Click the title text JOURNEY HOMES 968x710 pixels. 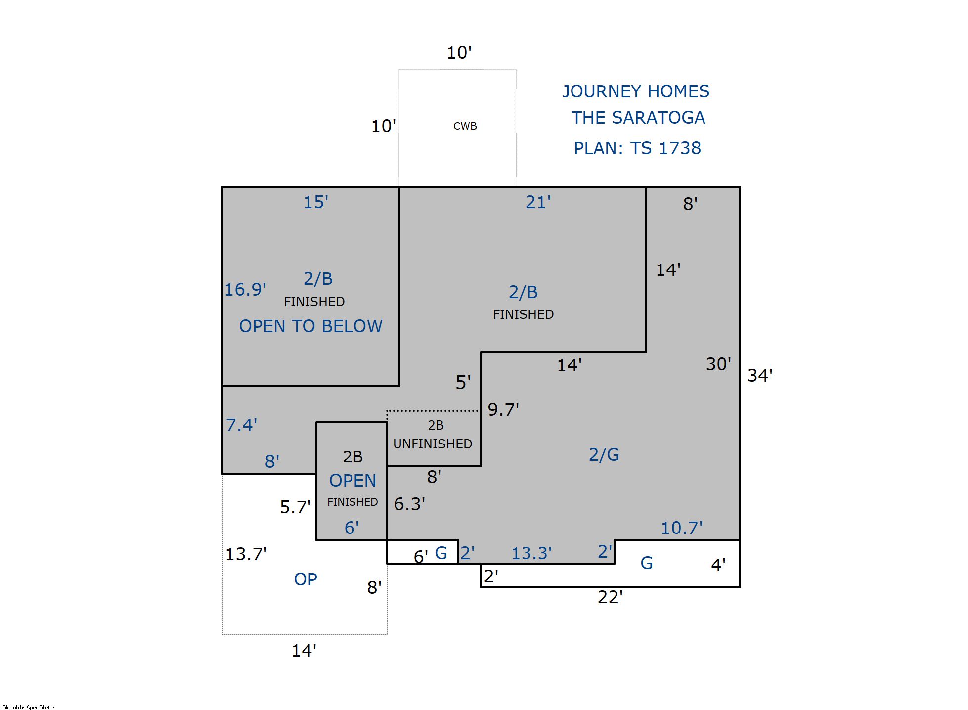[636, 91]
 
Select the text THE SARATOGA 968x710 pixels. [638, 118]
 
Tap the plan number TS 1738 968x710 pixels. [665, 148]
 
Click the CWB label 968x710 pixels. [465, 126]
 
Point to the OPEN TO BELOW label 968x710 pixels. [311, 326]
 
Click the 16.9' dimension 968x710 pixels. [245, 289]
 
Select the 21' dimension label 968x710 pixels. [538, 202]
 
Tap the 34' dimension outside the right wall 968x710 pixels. [760, 375]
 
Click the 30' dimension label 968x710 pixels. [718, 364]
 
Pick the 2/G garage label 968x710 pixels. [604, 454]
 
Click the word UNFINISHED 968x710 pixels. [433, 444]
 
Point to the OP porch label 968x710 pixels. [306, 579]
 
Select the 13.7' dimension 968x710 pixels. [246, 554]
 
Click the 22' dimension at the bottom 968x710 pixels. [610, 597]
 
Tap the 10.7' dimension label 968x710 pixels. [682, 528]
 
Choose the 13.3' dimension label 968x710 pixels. [531, 553]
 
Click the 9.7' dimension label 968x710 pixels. [503, 409]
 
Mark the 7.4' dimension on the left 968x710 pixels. [241, 425]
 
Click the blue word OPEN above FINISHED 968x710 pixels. [352, 481]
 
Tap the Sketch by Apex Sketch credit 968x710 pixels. [29, 707]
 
